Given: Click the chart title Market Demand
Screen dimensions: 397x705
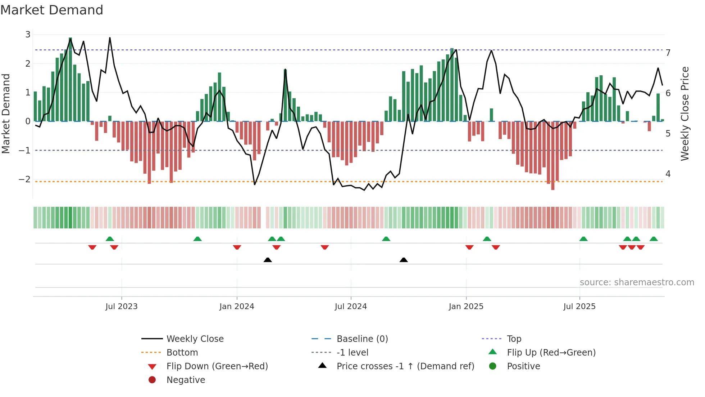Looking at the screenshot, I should (52, 10).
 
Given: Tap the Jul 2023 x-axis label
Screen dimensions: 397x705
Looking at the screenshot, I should (121, 307).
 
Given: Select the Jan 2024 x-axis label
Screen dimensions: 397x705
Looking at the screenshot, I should (237, 307).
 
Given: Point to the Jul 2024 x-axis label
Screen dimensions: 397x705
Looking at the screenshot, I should (351, 307).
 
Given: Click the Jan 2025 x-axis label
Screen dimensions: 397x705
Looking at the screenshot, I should (466, 307).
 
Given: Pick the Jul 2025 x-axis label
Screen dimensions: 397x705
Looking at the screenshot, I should (579, 307).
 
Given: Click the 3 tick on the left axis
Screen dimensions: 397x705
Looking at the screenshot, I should (28, 35).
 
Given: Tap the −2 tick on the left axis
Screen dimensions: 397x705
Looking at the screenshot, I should (25, 179).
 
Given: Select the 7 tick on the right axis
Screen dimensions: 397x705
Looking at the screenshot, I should (668, 53).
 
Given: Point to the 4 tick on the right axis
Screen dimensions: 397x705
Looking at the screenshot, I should (668, 174).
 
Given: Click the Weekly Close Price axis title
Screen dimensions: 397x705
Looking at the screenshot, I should (685, 113).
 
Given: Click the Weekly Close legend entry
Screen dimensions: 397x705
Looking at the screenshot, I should (195, 339).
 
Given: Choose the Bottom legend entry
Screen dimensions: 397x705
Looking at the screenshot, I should (182, 353).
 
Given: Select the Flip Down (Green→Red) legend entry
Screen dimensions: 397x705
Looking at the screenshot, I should (217, 366).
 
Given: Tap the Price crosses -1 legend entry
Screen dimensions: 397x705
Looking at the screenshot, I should (405, 366).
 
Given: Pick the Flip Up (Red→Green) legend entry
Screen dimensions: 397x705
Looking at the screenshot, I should (551, 353).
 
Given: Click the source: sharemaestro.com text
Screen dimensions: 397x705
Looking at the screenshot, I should (637, 282).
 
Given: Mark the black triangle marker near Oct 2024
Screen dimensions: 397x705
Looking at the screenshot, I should (404, 260).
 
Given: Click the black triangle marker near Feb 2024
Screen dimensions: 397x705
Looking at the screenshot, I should (268, 260).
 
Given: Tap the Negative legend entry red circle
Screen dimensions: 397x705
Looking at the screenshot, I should (152, 380).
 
